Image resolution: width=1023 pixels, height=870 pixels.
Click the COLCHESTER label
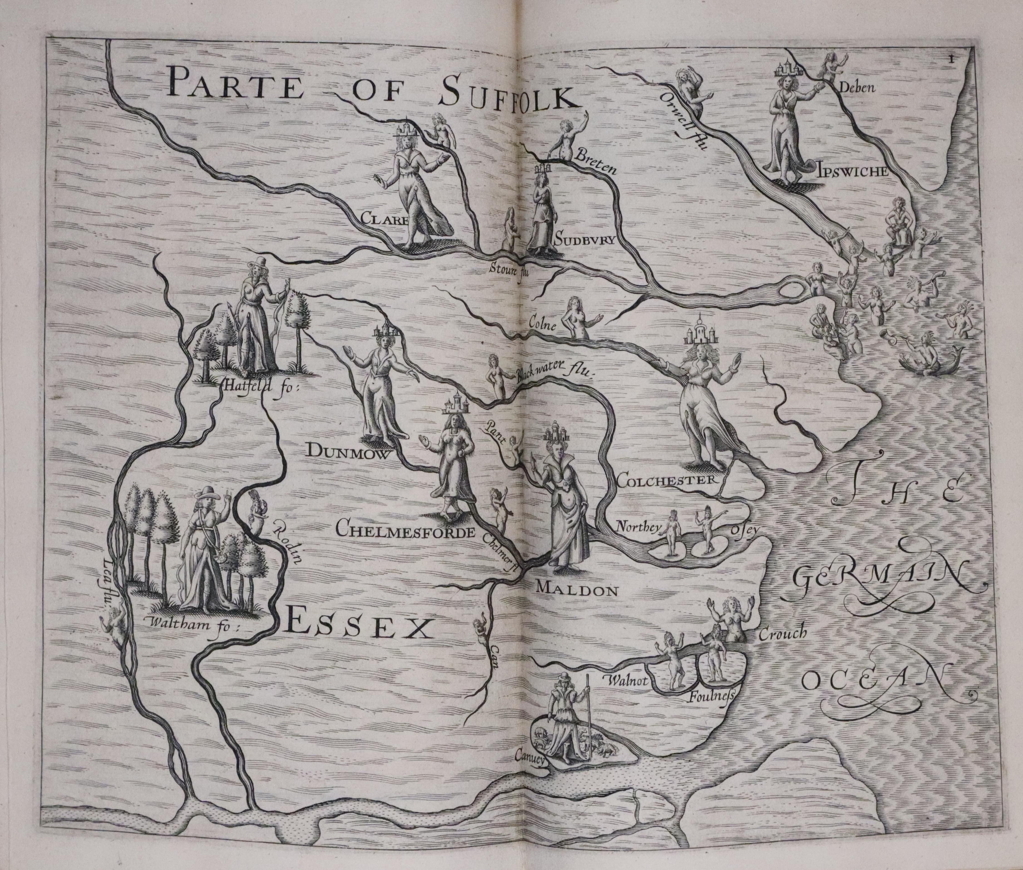click(x=666, y=480)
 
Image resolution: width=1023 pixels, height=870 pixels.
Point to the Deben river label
click(x=860, y=88)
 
